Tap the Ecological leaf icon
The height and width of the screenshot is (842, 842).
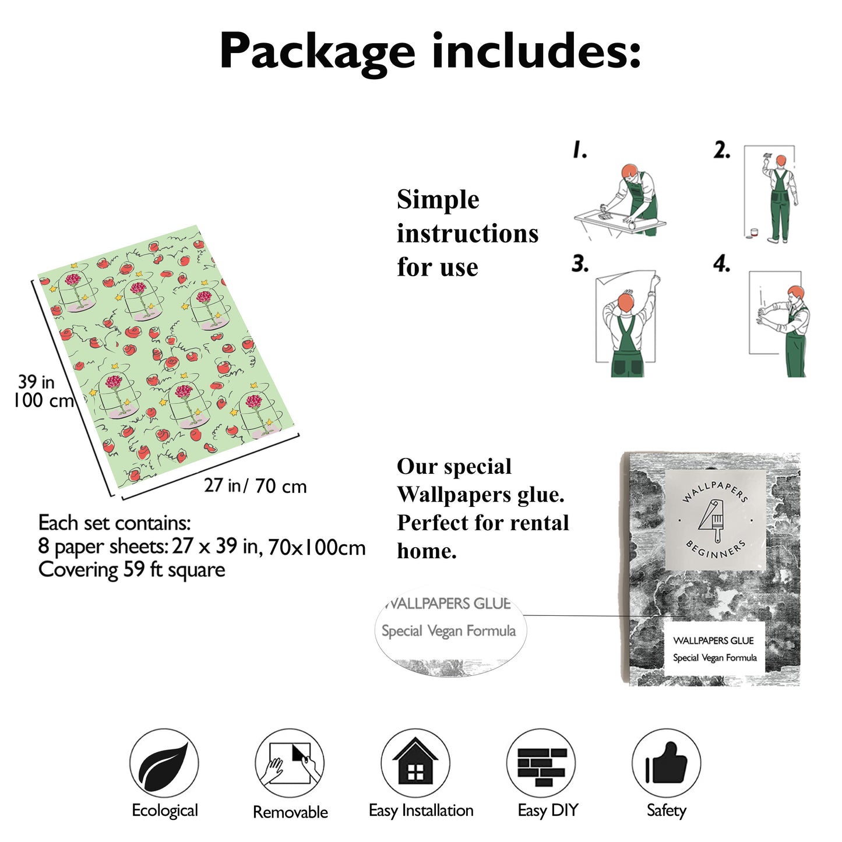[164, 763]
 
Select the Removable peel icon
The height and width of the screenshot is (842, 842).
[290, 763]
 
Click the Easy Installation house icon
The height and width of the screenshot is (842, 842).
[415, 763]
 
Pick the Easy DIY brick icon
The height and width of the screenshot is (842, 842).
[541, 763]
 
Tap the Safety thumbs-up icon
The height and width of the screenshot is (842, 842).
[666, 763]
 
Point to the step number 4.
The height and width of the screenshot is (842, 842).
[721, 264]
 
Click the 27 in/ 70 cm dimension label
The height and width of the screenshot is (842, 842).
[255, 485]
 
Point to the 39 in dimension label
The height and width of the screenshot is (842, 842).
[36, 382]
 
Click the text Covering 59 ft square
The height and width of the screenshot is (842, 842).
[132, 569]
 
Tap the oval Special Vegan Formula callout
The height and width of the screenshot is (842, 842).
[449, 631]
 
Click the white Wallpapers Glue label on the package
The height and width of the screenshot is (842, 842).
[714, 649]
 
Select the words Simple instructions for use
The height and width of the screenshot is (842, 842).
[467, 233]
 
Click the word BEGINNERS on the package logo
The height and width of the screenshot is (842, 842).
[715, 549]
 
